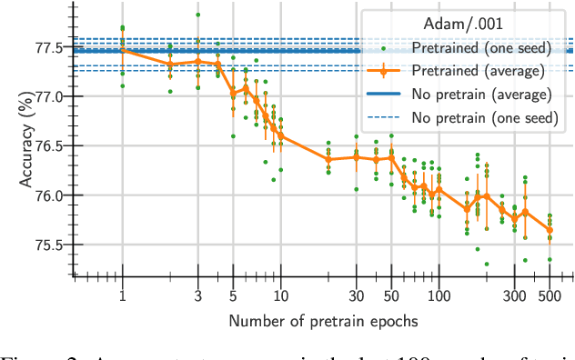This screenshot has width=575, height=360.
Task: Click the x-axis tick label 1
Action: coord(123,296)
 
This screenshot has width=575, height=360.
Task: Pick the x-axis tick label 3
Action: coord(198,296)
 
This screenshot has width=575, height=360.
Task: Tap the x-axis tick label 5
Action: coord(233,296)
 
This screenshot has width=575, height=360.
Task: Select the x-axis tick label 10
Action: coord(280,296)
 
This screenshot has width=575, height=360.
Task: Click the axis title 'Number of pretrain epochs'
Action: coord(323,321)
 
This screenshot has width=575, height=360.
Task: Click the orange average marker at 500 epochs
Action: coord(550,229)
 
